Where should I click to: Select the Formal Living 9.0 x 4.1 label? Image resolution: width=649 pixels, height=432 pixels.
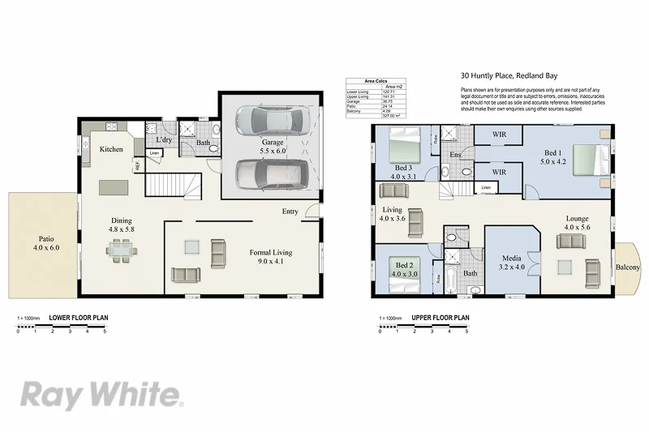point(270,258)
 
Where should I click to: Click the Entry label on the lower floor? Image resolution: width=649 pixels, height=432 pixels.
point(290,212)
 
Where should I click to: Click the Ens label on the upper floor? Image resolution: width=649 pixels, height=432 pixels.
point(456,154)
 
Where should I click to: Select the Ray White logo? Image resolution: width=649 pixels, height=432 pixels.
point(101,395)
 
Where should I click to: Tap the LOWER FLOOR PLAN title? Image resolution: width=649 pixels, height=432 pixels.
point(79,318)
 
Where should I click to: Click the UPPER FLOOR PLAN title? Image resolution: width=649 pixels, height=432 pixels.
point(441,318)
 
